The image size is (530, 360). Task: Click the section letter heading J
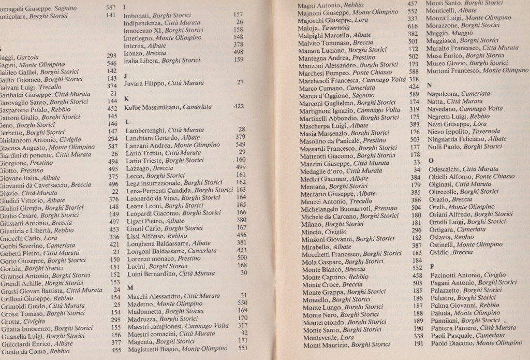[x=126, y=75]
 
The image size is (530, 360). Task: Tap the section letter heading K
[x=127, y=98]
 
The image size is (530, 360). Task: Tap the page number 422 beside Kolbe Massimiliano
[x=239, y=106]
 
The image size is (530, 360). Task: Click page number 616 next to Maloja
[x=412, y=26]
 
